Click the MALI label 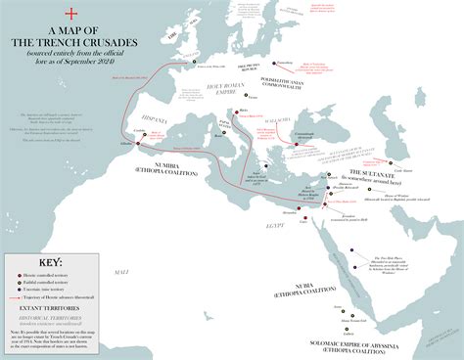[121, 270]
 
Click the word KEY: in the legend [44, 262]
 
